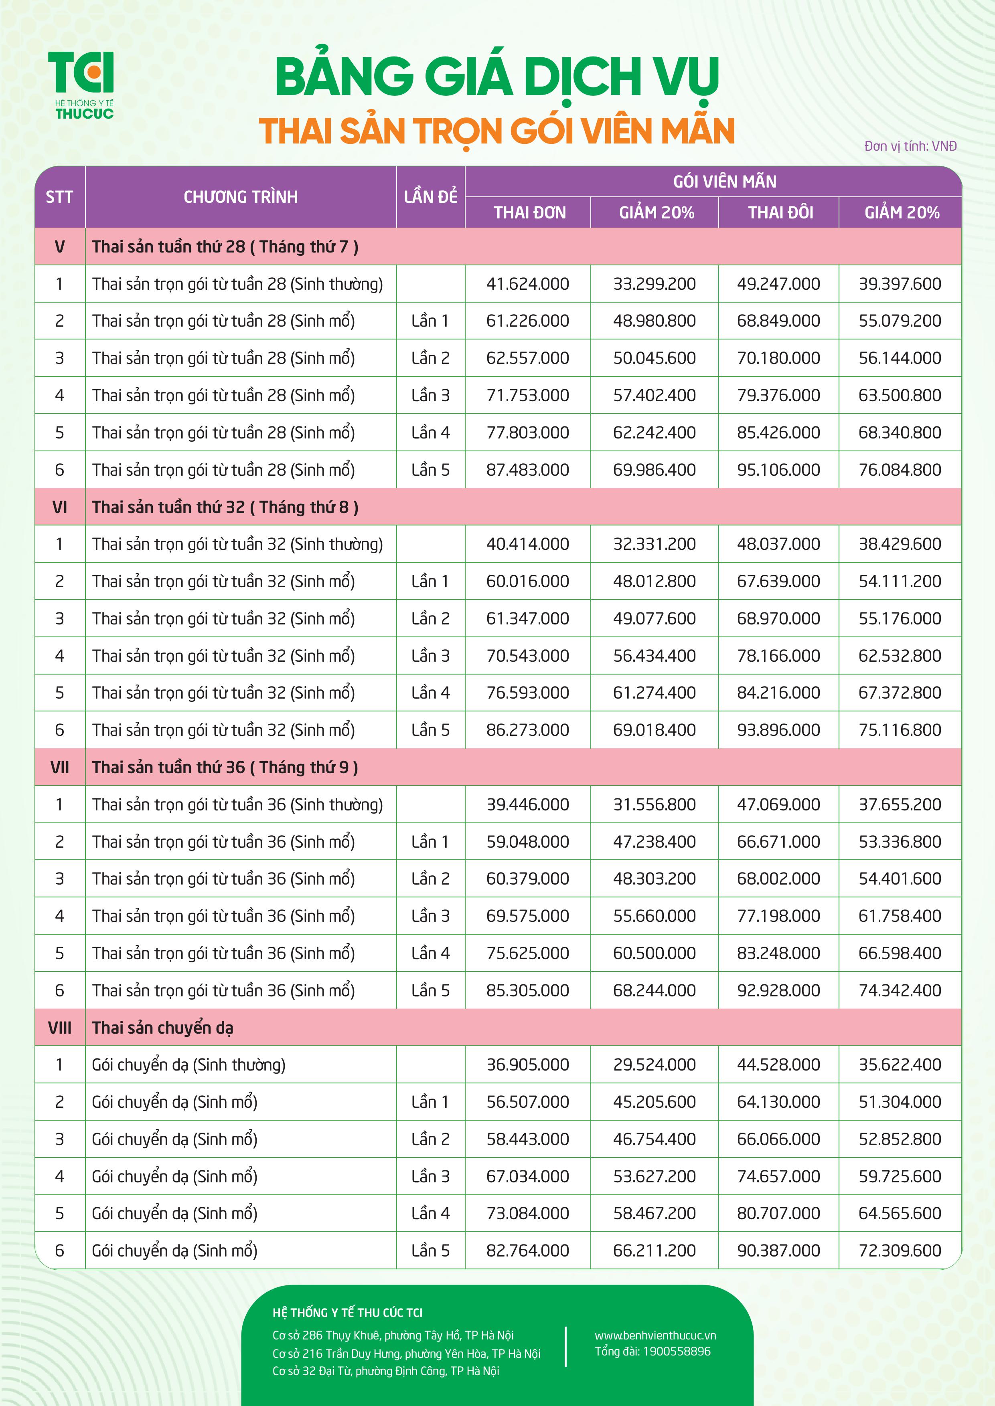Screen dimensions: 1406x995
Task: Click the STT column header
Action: tap(59, 196)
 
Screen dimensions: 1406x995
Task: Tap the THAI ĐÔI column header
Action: tap(780, 212)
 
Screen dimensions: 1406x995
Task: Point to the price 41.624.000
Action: tap(527, 283)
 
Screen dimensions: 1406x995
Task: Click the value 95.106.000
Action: tap(778, 470)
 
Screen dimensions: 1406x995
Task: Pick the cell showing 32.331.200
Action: tap(655, 544)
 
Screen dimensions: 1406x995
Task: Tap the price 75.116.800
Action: tap(900, 729)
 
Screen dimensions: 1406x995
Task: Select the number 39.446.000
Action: tap(527, 804)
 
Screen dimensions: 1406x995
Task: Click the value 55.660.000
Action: tap(655, 915)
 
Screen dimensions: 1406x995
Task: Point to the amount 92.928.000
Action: tap(778, 990)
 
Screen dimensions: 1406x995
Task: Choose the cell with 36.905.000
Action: tap(527, 1064)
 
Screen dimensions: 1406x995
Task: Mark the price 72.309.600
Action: tap(900, 1250)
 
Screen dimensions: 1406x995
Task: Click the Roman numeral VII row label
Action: tap(59, 767)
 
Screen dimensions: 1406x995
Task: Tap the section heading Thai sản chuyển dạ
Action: tap(162, 1028)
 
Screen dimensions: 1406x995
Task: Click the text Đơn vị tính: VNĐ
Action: tap(910, 146)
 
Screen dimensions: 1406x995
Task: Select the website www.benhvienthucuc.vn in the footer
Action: tap(655, 1335)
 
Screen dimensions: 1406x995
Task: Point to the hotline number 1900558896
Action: tap(677, 1351)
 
